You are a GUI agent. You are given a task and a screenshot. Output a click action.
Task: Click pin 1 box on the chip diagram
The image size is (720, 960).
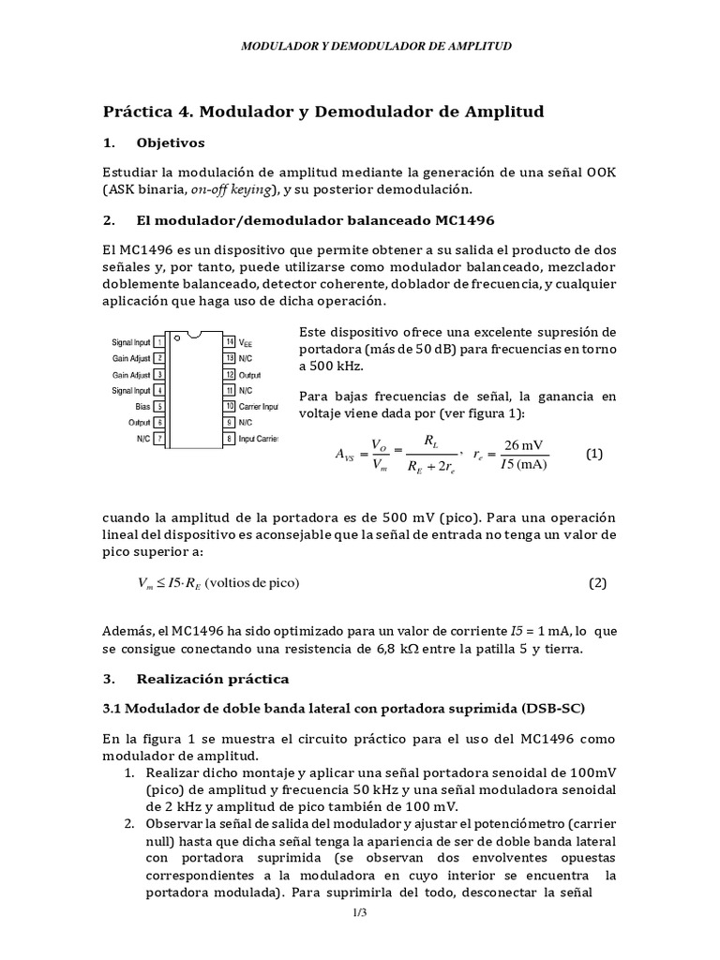pyautogui.click(x=160, y=343)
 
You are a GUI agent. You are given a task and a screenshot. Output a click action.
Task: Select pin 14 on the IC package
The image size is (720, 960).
pyautogui.click(x=230, y=343)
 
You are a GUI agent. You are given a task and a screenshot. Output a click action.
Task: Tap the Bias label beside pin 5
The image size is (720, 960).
pyautogui.click(x=143, y=406)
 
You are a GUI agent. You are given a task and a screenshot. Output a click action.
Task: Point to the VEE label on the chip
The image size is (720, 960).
pyautogui.click(x=247, y=343)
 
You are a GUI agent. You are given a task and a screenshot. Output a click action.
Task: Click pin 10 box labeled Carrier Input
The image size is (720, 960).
pyautogui.click(x=230, y=406)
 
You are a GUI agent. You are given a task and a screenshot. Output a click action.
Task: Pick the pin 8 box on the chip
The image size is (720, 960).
pyautogui.click(x=230, y=438)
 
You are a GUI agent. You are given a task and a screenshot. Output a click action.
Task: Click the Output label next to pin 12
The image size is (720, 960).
pyautogui.click(x=251, y=374)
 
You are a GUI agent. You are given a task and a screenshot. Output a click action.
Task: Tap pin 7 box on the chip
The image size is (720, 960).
pyautogui.click(x=160, y=438)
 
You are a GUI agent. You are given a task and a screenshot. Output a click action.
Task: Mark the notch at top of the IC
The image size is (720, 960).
pyautogui.click(x=195, y=334)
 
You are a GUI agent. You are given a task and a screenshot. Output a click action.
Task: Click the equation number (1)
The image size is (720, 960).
pyautogui.click(x=595, y=454)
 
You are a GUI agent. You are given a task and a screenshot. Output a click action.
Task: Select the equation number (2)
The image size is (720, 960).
pyautogui.click(x=598, y=582)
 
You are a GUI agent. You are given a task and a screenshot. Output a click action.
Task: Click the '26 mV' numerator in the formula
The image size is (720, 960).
pyautogui.click(x=525, y=444)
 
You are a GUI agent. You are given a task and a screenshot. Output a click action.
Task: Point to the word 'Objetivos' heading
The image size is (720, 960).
pyautogui.click(x=171, y=142)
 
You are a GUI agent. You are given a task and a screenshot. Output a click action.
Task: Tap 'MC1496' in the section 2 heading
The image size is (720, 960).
pyautogui.click(x=465, y=220)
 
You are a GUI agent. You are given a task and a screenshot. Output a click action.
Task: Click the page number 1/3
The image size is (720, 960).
pyautogui.click(x=360, y=912)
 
